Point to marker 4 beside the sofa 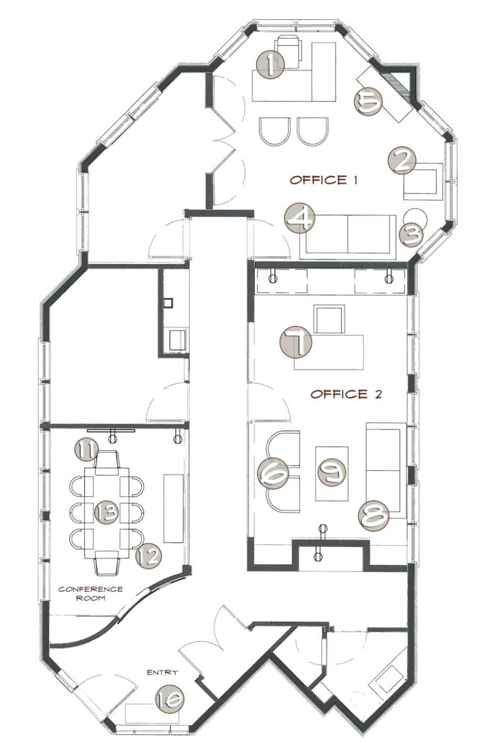click(x=300, y=218)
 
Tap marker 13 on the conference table click(x=106, y=512)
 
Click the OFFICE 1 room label click(x=324, y=180)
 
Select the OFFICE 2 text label click(x=346, y=394)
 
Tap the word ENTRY click(x=162, y=672)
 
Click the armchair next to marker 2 click(x=423, y=181)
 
